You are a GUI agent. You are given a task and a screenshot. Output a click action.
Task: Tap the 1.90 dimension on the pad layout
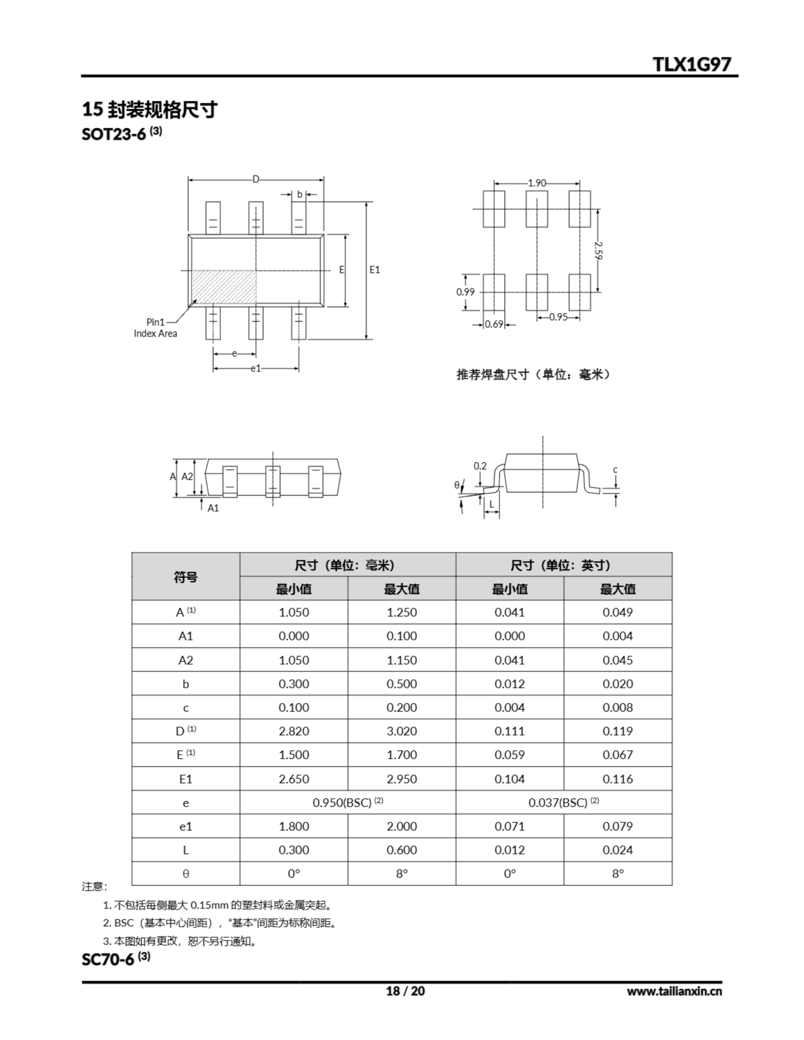tap(537, 183)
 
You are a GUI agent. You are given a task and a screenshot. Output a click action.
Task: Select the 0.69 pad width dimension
tap(494, 324)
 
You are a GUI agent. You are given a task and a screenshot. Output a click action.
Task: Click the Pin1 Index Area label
tap(155, 327)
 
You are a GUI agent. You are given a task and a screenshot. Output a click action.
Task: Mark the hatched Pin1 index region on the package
tap(224, 287)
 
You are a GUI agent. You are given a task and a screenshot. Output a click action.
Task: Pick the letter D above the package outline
tap(256, 180)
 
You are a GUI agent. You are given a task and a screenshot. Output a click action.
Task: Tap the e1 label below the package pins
tap(256, 368)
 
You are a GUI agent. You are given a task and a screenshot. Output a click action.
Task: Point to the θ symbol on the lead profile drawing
tap(456, 485)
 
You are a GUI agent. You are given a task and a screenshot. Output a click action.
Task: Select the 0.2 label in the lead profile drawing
tap(480, 466)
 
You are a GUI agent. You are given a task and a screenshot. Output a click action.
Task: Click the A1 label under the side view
tap(213, 508)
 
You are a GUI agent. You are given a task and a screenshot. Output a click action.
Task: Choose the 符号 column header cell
tap(185, 576)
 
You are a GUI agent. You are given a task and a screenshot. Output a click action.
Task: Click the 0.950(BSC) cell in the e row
tap(348, 802)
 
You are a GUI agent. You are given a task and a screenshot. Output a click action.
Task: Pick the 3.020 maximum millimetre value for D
tap(401, 731)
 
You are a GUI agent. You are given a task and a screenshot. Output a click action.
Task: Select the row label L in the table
tap(185, 850)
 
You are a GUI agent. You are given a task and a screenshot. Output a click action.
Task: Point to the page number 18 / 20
tap(405, 991)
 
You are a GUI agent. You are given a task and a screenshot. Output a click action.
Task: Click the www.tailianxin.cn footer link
tap(674, 991)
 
